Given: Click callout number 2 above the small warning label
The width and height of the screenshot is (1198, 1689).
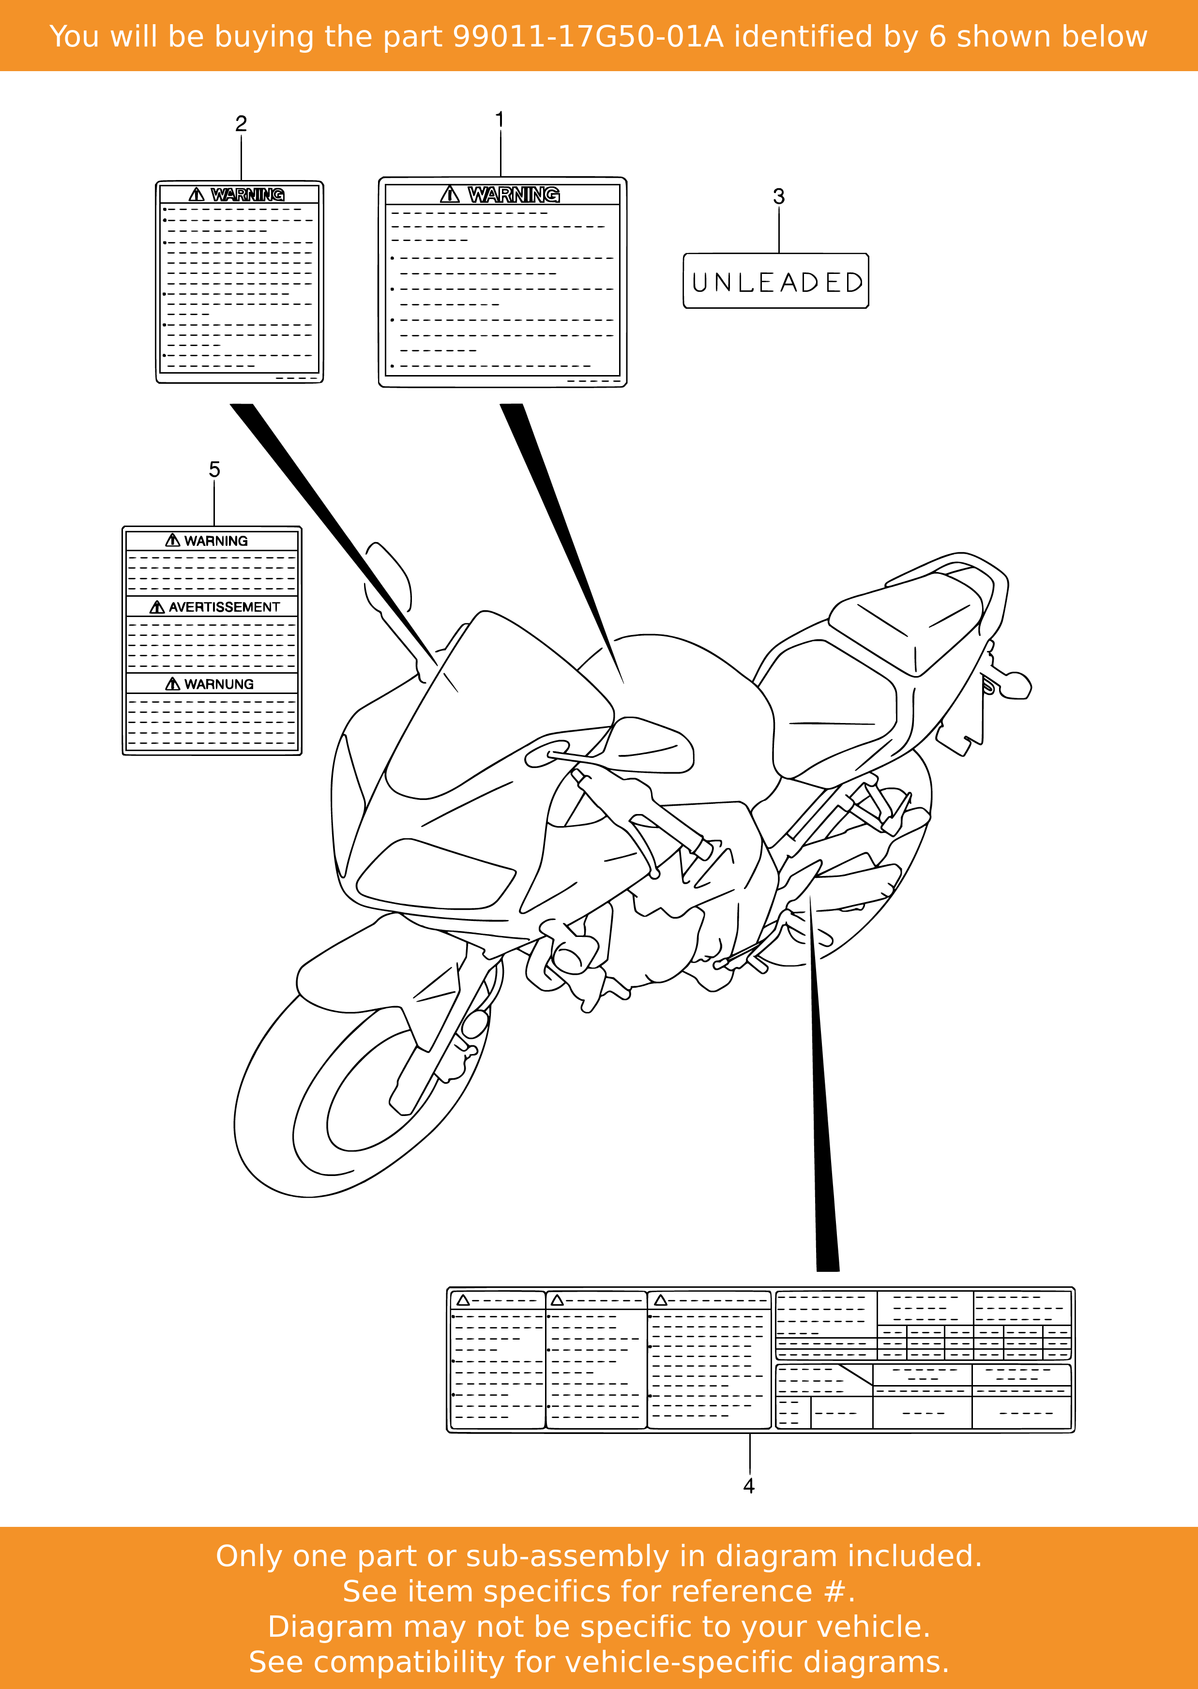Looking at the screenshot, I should [241, 123].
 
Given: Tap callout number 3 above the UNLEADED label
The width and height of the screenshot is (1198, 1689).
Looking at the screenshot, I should [778, 196].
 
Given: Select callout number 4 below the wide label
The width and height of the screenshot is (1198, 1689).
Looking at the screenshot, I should [749, 1485].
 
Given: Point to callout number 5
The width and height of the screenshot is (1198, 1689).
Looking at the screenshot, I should [214, 469].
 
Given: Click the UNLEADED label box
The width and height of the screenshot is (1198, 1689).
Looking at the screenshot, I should [776, 281].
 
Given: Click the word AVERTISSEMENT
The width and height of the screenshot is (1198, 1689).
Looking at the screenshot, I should [224, 607].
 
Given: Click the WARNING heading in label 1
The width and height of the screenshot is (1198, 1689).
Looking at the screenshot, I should [514, 195].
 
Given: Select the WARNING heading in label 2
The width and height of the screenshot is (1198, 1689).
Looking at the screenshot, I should [247, 195].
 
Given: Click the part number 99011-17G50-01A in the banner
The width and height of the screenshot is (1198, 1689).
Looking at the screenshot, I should [588, 36].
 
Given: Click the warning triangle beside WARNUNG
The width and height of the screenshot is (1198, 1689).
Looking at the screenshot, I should [173, 684].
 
